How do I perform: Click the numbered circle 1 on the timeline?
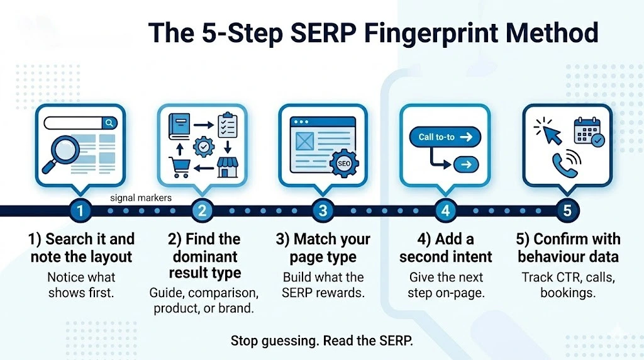tap(80, 211)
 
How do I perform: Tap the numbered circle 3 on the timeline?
tap(323, 211)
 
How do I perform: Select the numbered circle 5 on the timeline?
tap(567, 211)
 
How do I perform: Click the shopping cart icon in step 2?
tap(179, 167)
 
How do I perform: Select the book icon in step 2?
tap(179, 127)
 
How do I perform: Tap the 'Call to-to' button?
tap(445, 137)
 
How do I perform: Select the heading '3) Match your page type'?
tap(323, 248)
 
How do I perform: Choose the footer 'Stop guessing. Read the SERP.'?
tap(322, 340)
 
